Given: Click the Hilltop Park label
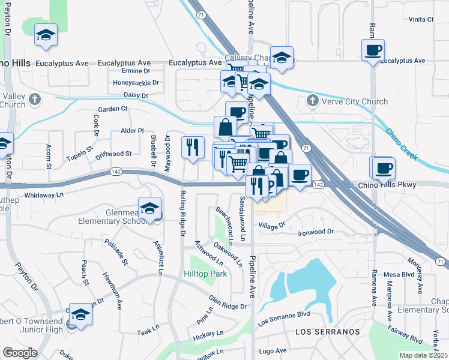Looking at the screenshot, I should pyautogui.click(x=202, y=274).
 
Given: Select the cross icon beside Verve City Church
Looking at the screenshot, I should pyautogui.click(x=312, y=101).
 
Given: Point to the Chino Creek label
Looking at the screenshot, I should pyautogui.click(x=401, y=144).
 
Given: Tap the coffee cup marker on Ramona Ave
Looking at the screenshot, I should pyautogui.click(x=372, y=50).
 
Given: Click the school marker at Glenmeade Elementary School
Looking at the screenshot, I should pyautogui.click(x=150, y=208).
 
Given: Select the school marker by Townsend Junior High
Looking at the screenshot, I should pyautogui.click(x=80, y=314).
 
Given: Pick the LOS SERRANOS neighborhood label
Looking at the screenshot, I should pyautogui.click(x=328, y=331).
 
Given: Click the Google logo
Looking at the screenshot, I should pyautogui.click(x=20, y=352).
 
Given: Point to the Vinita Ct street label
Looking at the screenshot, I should pyautogui.click(x=421, y=19).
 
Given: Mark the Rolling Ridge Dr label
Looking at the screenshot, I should pyautogui.click(x=181, y=214).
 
